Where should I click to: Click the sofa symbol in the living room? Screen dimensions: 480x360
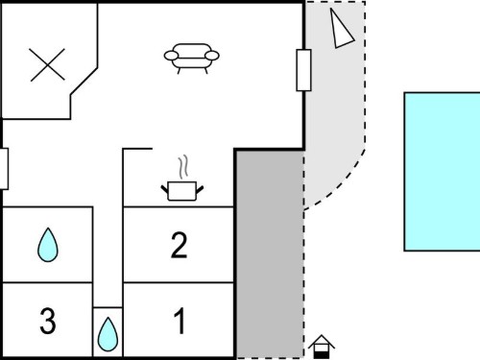click(x=191, y=59)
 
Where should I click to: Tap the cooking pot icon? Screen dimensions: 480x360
click(x=182, y=191)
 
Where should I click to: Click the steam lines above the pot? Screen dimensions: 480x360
click(x=183, y=167)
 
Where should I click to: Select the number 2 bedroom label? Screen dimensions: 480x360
click(x=179, y=245)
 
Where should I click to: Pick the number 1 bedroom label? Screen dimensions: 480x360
click(x=180, y=321)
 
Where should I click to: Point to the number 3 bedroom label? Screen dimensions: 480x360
click(x=48, y=321)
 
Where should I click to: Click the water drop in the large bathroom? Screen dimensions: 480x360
click(x=48, y=245)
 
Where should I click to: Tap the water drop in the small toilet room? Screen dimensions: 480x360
click(x=108, y=334)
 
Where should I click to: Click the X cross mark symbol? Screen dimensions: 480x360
click(x=47, y=64)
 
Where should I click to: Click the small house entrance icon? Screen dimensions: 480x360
click(x=322, y=347)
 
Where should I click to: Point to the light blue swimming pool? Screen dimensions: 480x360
click(x=442, y=172)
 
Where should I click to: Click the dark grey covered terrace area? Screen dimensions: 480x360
click(x=270, y=253)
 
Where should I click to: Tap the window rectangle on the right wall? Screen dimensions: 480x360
click(x=303, y=70)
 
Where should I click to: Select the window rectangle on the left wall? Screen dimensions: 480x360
click(x=4, y=169)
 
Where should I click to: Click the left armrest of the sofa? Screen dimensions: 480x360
click(x=171, y=56)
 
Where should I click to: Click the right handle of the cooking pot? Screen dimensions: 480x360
click(x=200, y=189)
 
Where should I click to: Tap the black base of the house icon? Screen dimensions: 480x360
click(x=322, y=355)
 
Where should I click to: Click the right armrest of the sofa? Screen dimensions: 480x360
click(x=212, y=56)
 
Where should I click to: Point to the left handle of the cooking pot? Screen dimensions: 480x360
click(x=164, y=189)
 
